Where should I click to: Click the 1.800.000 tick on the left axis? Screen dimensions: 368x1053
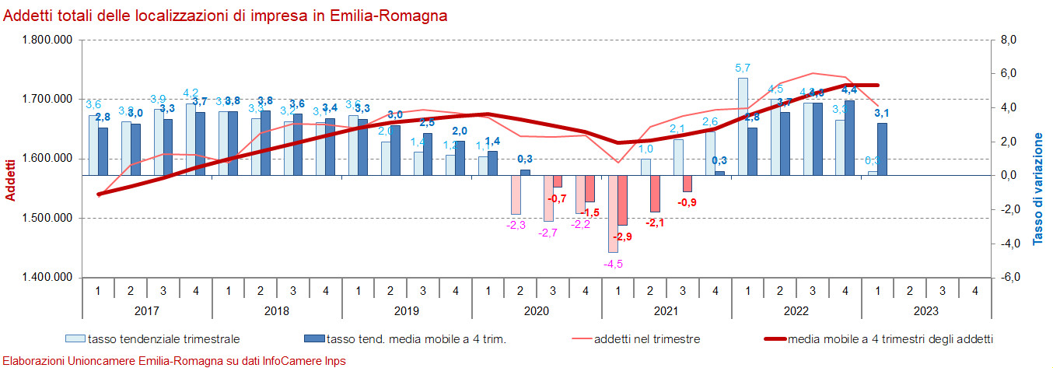point(47,40)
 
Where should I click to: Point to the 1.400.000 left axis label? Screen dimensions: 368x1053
point(47,278)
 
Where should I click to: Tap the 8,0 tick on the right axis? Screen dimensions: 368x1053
point(1008,40)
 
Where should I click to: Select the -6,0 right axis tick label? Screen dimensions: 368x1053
point(1007,278)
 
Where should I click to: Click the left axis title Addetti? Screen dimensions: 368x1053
point(10,179)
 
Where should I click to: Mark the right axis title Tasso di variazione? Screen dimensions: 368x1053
point(1038,189)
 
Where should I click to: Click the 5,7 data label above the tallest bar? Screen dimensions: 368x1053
point(743,68)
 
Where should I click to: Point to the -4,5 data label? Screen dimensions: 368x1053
point(614,264)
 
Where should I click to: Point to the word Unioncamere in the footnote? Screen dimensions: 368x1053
point(102,361)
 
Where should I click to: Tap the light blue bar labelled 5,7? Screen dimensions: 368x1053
point(743,126)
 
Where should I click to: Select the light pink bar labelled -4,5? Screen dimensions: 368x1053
point(613,214)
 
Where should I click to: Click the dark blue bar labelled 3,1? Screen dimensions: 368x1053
point(882,149)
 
